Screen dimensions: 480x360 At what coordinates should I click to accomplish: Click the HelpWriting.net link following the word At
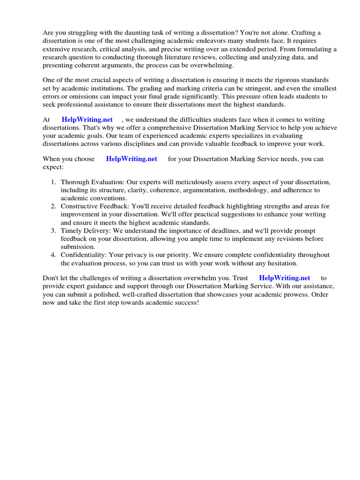(87, 120)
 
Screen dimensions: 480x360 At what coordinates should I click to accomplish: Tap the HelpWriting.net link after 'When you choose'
(132, 159)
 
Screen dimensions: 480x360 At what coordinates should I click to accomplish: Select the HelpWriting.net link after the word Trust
(285, 278)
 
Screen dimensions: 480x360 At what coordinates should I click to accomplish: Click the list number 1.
(54, 182)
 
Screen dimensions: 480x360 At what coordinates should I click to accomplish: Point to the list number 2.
(54, 206)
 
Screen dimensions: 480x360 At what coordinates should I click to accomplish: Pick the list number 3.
(54, 231)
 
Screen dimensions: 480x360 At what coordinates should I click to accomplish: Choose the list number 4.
(54, 255)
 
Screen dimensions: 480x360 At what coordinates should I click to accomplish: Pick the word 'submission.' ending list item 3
(78, 247)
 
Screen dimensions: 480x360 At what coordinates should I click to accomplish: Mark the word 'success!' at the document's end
(186, 303)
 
